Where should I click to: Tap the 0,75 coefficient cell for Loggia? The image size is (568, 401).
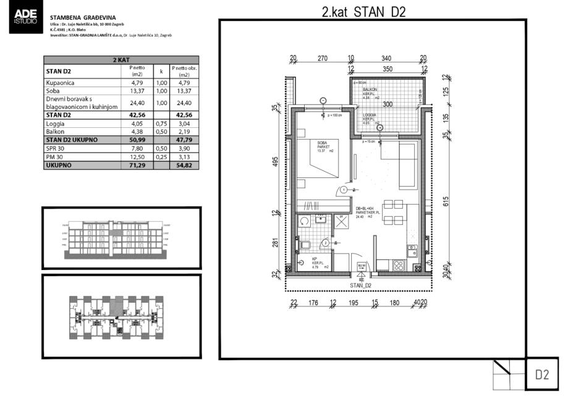tap(160, 123)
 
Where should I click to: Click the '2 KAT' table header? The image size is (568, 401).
tap(121, 61)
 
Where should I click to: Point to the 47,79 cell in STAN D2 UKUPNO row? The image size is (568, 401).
tap(184, 140)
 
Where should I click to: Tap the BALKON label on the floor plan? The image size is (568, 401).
tap(370, 90)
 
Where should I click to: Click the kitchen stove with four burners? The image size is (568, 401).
tap(399, 266)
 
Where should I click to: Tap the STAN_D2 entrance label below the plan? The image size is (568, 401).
tap(360, 285)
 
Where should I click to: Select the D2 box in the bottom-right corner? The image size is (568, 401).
tap(542, 374)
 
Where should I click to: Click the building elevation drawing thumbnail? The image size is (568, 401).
tap(121, 238)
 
